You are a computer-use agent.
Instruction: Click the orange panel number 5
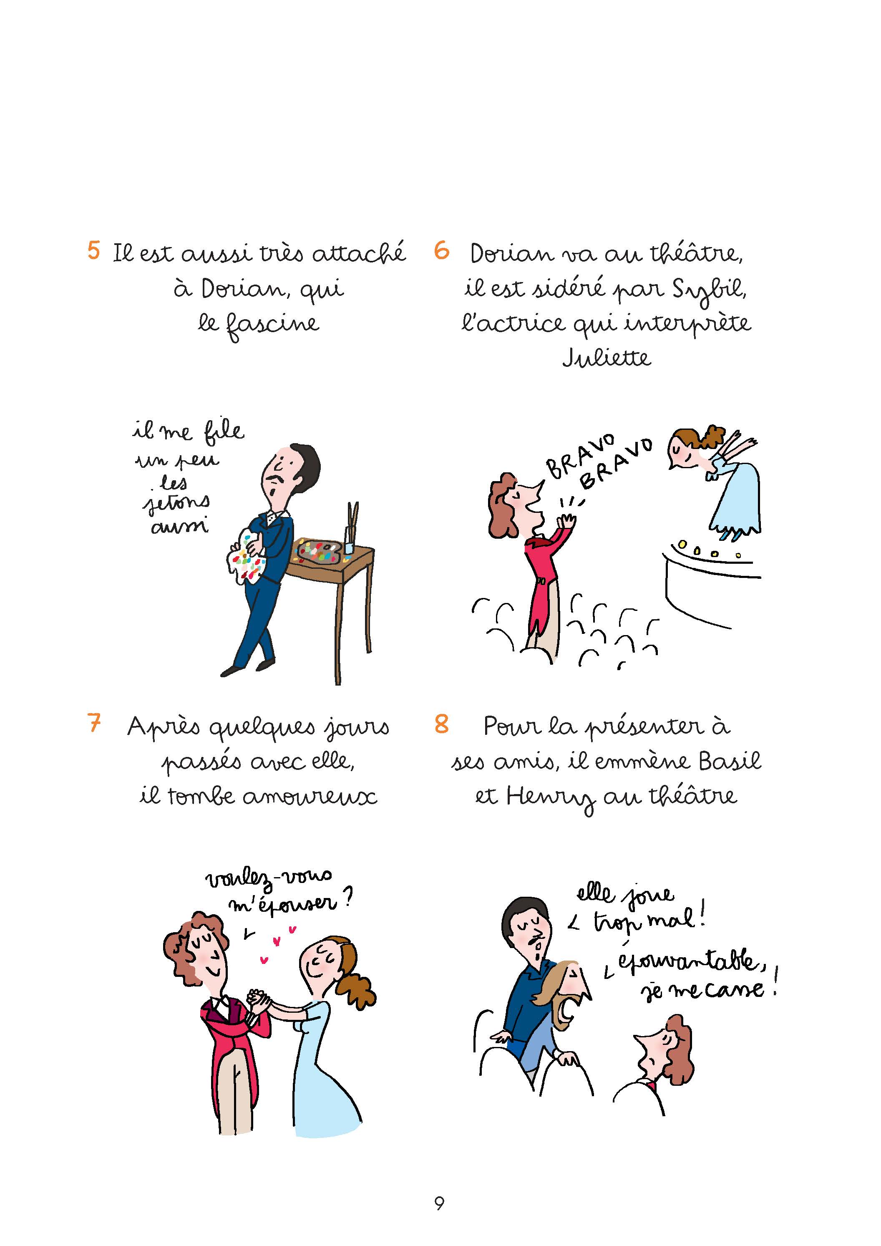pyautogui.click(x=94, y=250)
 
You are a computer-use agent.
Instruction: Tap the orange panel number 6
pyautogui.click(x=442, y=250)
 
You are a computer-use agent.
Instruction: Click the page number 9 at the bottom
pyautogui.click(x=439, y=1204)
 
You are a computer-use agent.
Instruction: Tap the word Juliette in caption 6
pyautogui.click(x=606, y=357)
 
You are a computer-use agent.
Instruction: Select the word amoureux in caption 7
pyautogui.click(x=309, y=797)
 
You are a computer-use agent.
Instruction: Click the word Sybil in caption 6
pyautogui.click(x=710, y=289)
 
